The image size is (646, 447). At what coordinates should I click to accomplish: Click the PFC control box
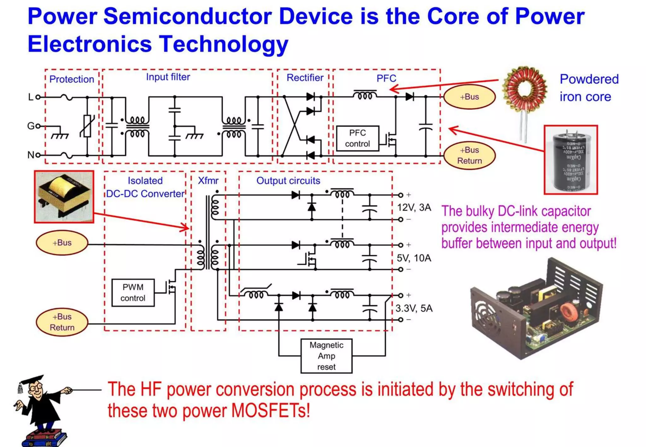357,138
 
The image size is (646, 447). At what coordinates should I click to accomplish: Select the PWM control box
133,293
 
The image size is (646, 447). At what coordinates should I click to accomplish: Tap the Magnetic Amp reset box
326,356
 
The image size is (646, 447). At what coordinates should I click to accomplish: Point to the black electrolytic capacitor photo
571,160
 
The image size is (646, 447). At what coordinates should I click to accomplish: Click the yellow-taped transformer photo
64,197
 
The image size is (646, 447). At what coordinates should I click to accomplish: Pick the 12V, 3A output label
414,207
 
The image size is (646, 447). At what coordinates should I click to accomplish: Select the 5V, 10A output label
414,258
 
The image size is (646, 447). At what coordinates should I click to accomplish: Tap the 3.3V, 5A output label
414,308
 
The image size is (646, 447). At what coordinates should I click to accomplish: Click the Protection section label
72,79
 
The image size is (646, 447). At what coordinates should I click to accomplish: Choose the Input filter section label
168,77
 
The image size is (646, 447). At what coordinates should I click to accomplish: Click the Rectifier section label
305,78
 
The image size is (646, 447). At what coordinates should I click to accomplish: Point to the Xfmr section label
208,181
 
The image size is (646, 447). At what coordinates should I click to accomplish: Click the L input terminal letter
31,97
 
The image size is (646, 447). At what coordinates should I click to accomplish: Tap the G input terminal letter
31,126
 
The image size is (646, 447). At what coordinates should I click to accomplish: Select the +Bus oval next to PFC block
469,97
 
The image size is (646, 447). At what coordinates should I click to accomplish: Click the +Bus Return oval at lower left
62,322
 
